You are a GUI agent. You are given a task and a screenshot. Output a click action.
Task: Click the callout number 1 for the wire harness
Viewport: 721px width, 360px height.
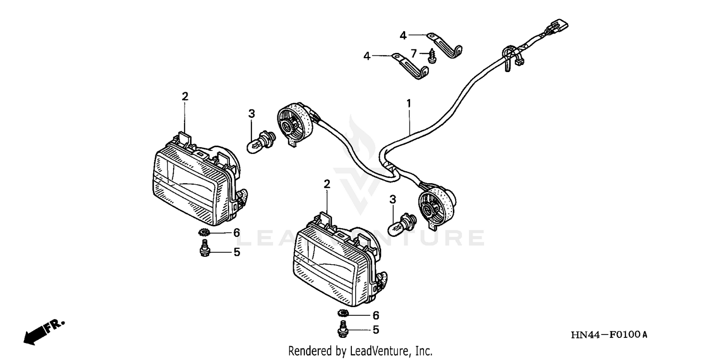(409, 102)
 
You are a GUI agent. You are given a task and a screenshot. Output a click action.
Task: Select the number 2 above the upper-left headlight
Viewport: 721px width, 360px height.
(185, 96)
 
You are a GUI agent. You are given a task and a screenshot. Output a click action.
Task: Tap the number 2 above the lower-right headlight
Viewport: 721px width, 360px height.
(327, 184)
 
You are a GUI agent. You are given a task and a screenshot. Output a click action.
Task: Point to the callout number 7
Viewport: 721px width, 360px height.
(414, 54)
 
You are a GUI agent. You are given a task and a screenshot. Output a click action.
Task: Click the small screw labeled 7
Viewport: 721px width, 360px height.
(431, 56)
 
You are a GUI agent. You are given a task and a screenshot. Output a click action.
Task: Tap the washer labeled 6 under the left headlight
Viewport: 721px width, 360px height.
(203, 233)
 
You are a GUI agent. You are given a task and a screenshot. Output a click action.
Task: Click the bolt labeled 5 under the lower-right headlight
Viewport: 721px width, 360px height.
(343, 331)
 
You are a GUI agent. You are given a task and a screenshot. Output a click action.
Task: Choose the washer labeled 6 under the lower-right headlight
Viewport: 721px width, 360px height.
(343, 314)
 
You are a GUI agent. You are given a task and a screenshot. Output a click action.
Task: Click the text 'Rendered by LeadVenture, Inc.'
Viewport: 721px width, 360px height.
(360, 351)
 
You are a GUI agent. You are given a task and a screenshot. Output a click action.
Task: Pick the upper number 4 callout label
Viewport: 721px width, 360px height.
(403, 35)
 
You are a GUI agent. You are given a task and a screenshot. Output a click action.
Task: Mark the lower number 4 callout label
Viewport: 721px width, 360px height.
(367, 56)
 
